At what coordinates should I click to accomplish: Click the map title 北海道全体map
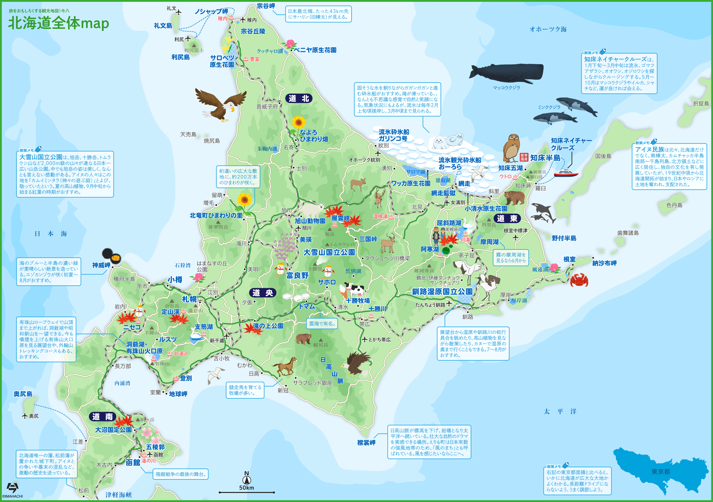(x=58, y=23)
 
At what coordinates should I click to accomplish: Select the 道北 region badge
(x=299, y=98)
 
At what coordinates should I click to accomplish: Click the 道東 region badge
(x=507, y=218)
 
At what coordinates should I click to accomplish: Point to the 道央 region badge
(x=262, y=293)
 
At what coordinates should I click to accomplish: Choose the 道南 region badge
(x=102, y=417)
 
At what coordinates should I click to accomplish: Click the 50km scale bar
(x=247, y=492)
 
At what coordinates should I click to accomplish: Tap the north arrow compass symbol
(x=247, y=478)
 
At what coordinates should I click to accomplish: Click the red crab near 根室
(x=579, y=279)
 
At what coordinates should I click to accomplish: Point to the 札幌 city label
(x=189, y=299)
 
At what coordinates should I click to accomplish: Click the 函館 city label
(x=133, y=463)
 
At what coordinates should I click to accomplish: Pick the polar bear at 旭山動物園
(x=312, y=209)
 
